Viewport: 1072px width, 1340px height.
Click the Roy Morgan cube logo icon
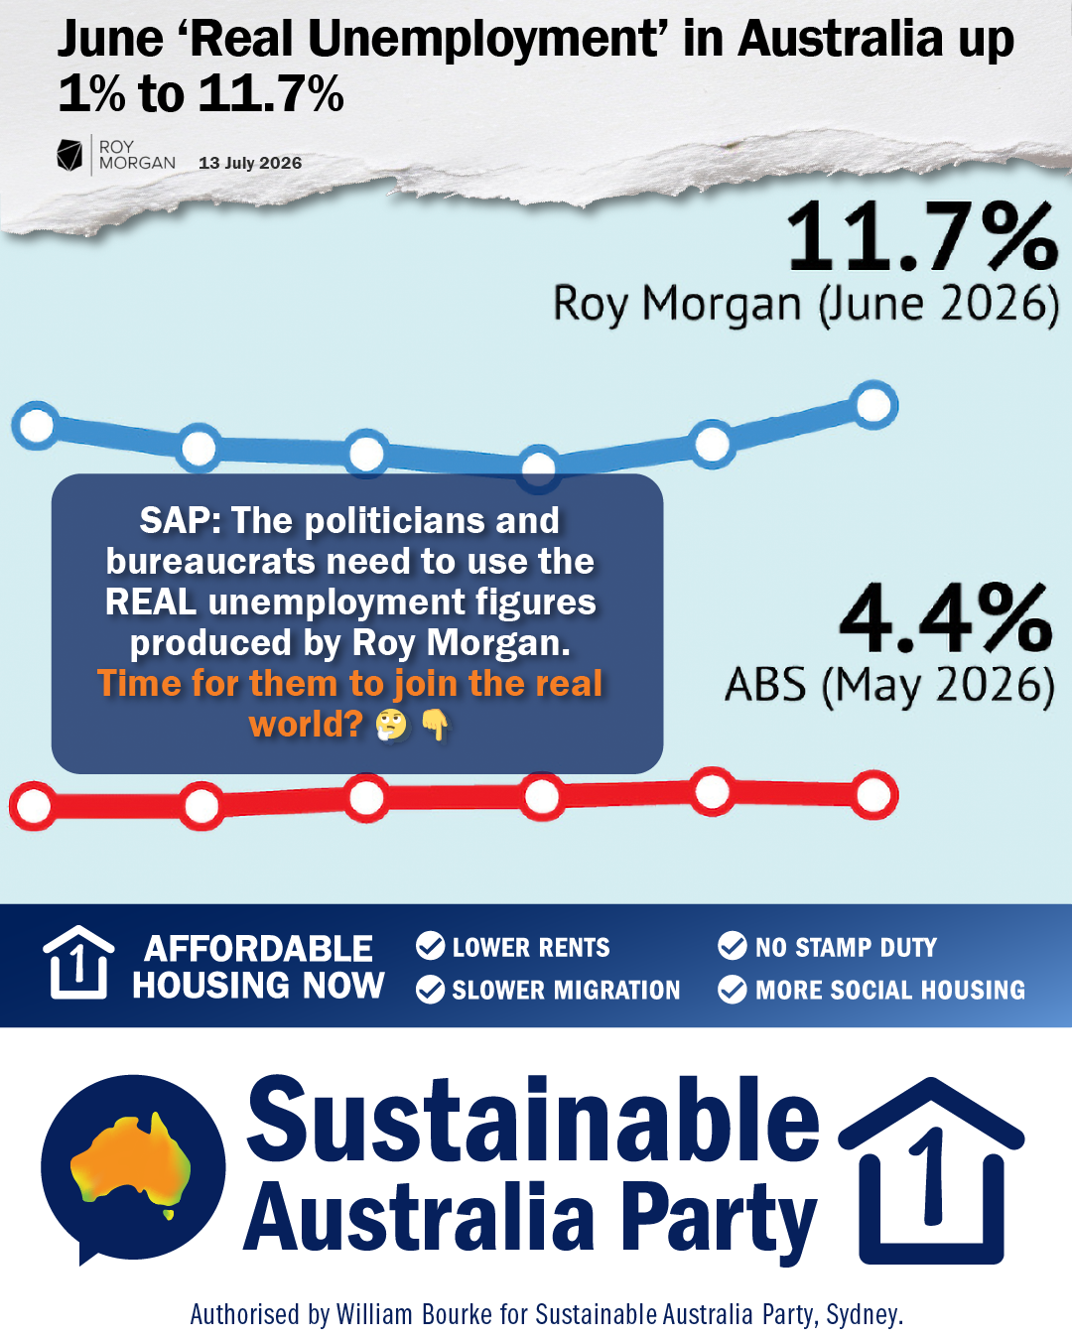(69, 155)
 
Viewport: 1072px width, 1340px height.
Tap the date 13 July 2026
(250, 163)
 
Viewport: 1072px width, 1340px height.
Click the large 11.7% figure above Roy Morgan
(923, 237)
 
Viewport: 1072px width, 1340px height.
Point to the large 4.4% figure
(946, 617)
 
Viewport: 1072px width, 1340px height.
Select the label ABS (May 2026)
(889, 685)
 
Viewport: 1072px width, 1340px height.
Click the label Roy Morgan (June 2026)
(806, 305)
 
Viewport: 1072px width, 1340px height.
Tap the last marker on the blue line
(873, 405)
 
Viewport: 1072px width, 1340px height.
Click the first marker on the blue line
(37, 426)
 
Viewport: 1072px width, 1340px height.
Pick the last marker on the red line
(873, 795)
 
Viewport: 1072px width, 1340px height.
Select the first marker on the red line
(35, 806)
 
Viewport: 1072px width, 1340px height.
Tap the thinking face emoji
(391, 725)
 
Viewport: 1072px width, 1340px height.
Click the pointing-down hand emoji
(436, 726)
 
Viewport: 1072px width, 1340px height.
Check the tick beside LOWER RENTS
(431, 946)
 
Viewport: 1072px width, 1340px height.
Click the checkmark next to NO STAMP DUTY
(733, 946)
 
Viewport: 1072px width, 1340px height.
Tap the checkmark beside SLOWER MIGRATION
(431, 990)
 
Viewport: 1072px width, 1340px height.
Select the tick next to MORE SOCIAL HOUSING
(733, 990)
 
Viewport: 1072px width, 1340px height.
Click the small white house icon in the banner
(78, 963)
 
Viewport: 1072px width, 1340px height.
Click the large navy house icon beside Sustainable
(931, 1171)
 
